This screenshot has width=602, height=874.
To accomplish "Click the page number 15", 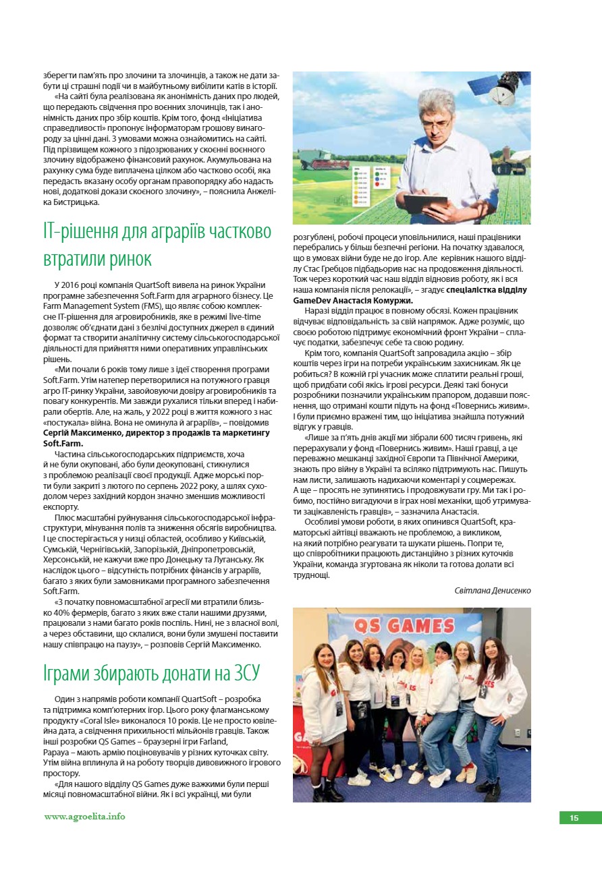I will click(574, 818).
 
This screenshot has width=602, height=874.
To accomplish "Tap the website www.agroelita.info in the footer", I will click(85, 817).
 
